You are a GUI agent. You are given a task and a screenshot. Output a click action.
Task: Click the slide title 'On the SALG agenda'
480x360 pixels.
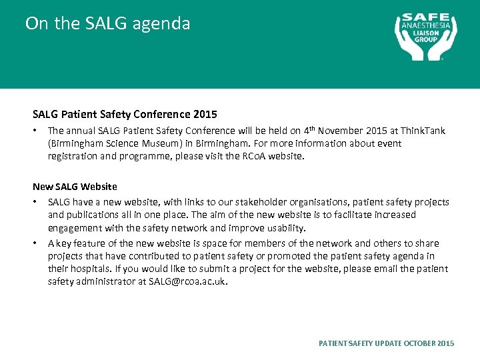click(107, 24)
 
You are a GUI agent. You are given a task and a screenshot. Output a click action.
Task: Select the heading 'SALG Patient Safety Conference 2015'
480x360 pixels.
click(125, 114)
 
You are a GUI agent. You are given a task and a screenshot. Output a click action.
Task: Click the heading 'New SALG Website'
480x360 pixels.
click(75, 187)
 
